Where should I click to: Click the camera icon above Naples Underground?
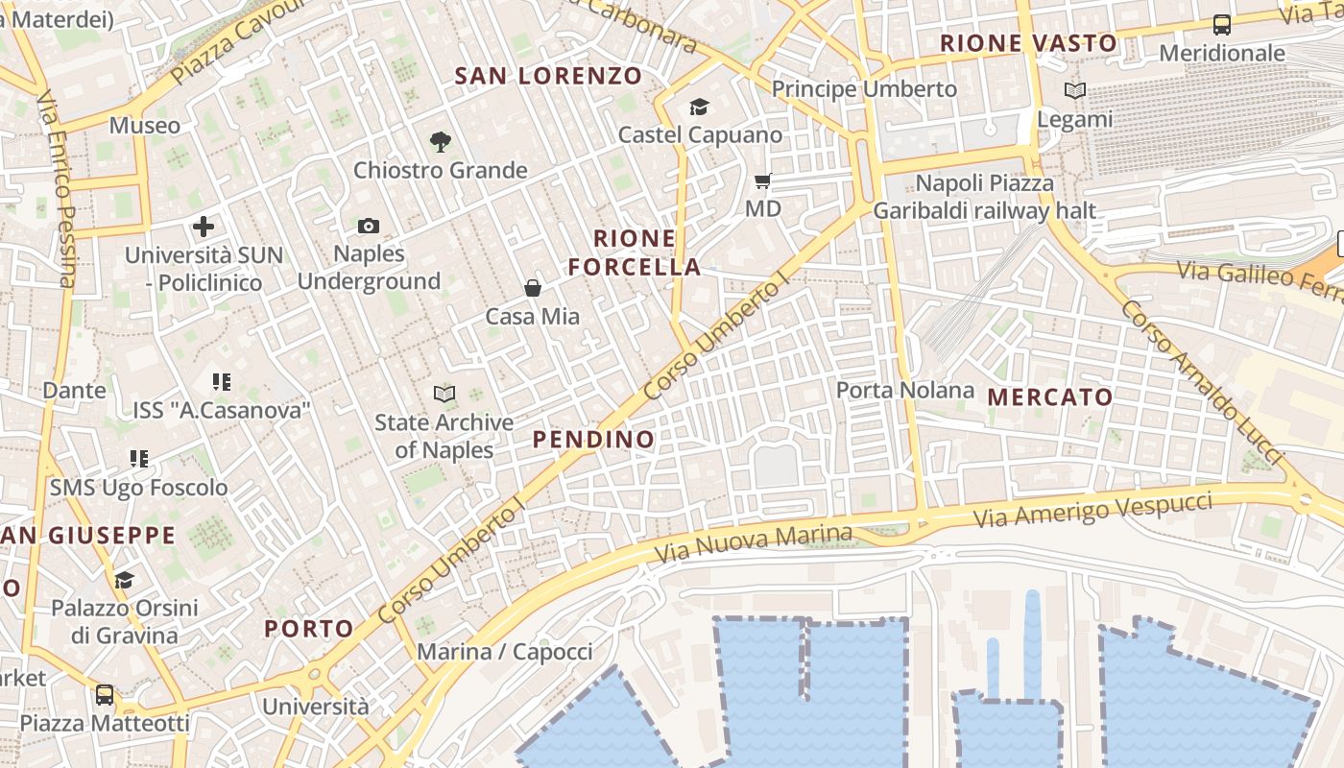(369, 227)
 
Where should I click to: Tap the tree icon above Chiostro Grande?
(441, 142)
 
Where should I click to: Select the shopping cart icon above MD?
(763, 180)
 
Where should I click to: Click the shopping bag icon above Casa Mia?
(532, 287)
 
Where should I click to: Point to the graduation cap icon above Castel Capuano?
(699, 107)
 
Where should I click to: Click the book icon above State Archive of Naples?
(444, 394)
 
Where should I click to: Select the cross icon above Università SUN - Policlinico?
(203, 228)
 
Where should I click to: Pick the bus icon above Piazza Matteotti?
(105, 695)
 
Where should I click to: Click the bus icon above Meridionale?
(1222, 25)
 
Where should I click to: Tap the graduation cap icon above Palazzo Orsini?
(124, 580)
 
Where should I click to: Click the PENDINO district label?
(593, 440)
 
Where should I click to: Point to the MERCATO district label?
(1050, 397)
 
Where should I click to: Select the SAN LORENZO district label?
(548, 76)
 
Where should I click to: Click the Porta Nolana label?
(905, 391)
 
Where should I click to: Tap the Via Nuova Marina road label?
(753, 544)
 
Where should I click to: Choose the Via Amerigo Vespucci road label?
(1093, 509)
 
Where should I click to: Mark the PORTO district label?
(309, 629)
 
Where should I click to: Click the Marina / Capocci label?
(505, 652)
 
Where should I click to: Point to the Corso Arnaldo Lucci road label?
(1201, 382)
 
